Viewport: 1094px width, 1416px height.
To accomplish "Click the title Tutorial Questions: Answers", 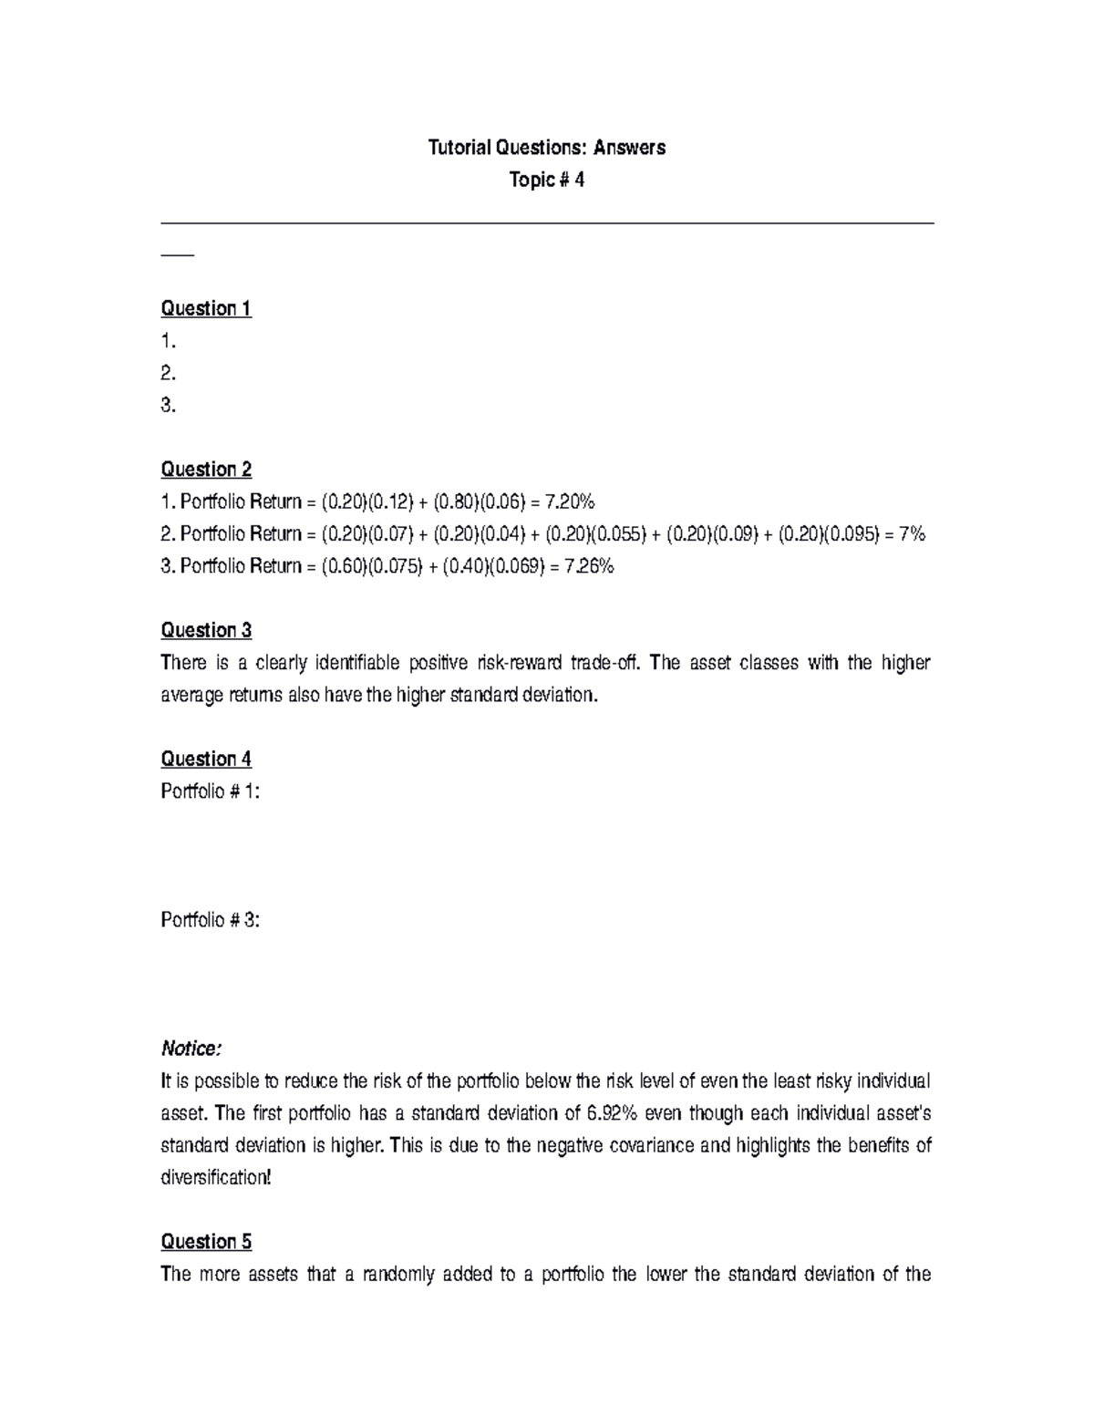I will coord(547,148).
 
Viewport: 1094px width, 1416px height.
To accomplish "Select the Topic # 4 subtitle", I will coord(547,180).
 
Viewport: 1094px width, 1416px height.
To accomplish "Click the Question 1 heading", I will coord(206,308).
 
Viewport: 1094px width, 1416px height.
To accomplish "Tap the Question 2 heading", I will coord(206,470).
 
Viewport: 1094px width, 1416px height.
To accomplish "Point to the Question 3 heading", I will coord(206,630).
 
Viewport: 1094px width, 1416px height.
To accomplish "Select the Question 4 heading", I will coord(206,759).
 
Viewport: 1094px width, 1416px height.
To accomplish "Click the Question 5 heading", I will coord(206,1242).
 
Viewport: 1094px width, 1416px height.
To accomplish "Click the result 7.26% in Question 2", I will coord(589,566).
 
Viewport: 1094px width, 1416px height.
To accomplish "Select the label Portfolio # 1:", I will coord(211,791).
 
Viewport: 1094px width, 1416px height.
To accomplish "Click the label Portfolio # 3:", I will coord(211,920).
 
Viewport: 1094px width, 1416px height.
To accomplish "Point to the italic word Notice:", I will coord(191,1049).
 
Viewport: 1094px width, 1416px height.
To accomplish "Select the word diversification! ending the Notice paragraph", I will coord(215,1177).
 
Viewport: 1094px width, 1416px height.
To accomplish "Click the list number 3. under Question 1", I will coord(168,406).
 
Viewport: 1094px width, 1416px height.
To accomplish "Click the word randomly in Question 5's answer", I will coord(398,1274).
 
